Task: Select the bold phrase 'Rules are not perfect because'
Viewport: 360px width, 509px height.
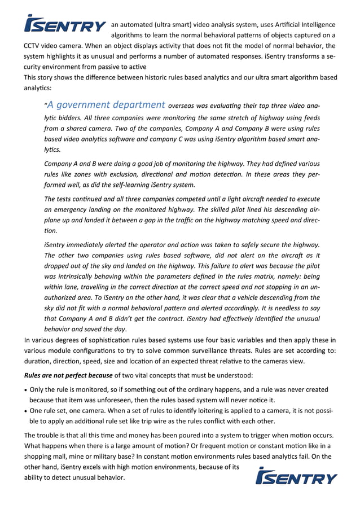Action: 67,375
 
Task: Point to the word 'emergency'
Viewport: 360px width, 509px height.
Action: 68,209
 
